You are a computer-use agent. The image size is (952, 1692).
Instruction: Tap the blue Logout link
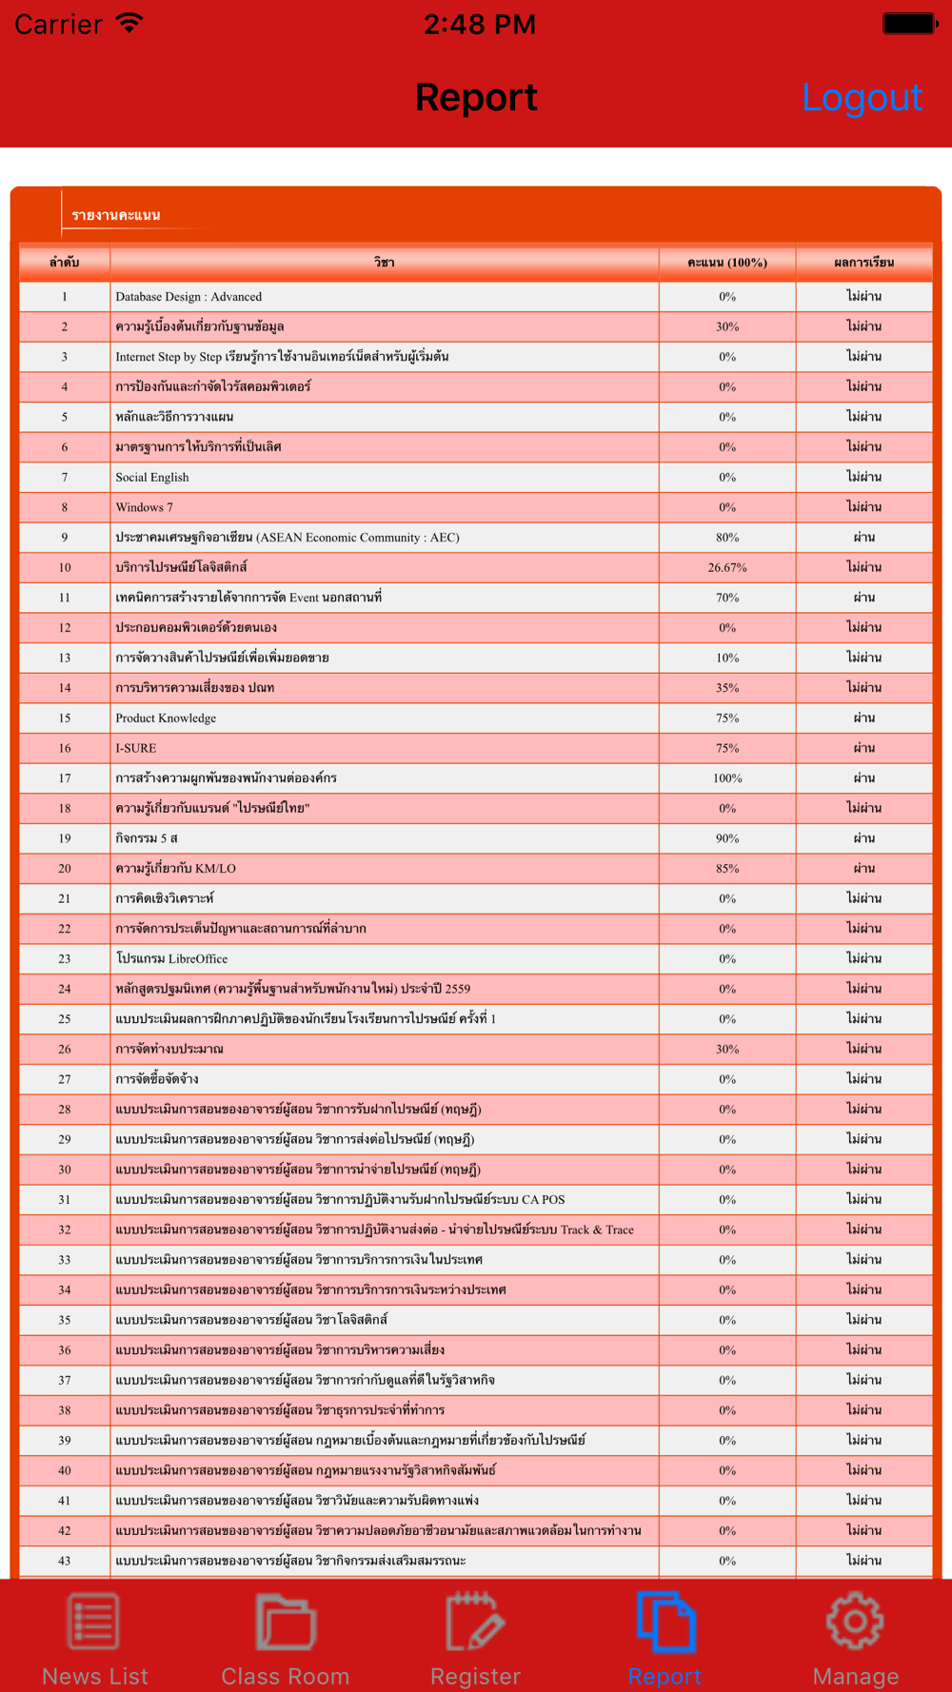(862, 98)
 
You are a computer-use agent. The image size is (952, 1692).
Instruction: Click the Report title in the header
(476, 98)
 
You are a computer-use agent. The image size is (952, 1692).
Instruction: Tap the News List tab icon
(94, 1621)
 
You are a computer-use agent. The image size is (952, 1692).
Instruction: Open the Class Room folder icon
(285, 1621)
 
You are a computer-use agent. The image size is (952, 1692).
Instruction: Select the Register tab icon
(475, 1621)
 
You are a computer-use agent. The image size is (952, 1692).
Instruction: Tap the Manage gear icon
(855, 1621)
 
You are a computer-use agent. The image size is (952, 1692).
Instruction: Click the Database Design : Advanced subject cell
(188, 297)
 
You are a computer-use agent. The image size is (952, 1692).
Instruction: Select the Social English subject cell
(152, 478)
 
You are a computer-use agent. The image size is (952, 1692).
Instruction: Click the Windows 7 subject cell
(145, 507)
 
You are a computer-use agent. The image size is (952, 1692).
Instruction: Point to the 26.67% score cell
(727, 568)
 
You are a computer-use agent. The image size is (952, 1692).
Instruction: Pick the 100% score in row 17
(727, 778)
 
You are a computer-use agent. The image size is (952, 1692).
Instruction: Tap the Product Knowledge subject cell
(166, 718)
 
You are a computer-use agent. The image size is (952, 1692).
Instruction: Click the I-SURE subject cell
(136, 748)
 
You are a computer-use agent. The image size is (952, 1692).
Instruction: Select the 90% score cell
(727, 838)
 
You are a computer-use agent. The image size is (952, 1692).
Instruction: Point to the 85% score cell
(727, 869)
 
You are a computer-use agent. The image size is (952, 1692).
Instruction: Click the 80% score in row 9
(727, 538)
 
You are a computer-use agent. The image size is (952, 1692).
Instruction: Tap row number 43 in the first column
(65, 1561)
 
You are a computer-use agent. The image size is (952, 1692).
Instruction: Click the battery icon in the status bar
(910, 24)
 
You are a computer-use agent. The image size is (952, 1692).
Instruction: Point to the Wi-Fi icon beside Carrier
(129, 23)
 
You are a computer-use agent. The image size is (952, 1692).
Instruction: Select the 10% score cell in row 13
(727, 658)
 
